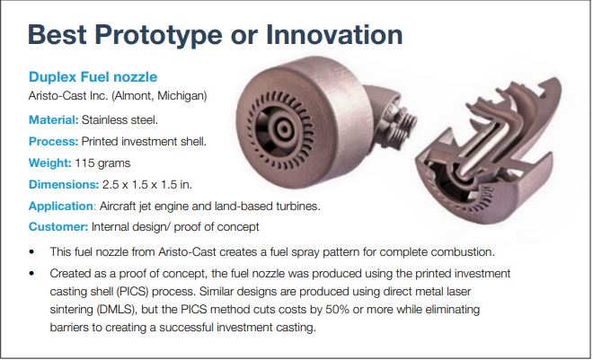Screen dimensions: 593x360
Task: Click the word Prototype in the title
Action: tap(158, 35)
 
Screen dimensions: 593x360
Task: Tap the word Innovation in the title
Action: tap(334, 34)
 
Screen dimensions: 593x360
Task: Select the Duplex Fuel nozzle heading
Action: tap(93, 76)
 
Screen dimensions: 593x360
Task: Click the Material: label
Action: tap(53, 120)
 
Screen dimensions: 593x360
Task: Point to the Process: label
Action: tap(53, 141)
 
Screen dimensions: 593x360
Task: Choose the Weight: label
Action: tap(50, 163)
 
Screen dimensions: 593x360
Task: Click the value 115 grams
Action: tap(102, 163)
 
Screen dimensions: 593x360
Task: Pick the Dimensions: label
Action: tap(64, 184)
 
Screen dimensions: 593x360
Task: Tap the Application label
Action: tap(60, 206)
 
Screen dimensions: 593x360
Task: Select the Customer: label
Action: tap(58, 226)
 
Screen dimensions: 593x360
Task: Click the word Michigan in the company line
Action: tap(181, 95)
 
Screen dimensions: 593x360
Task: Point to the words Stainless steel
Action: tap(119, 120)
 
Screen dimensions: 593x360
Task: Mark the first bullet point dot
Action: tap(31, 252)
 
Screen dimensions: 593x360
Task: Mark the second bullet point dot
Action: tap(31, 273)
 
